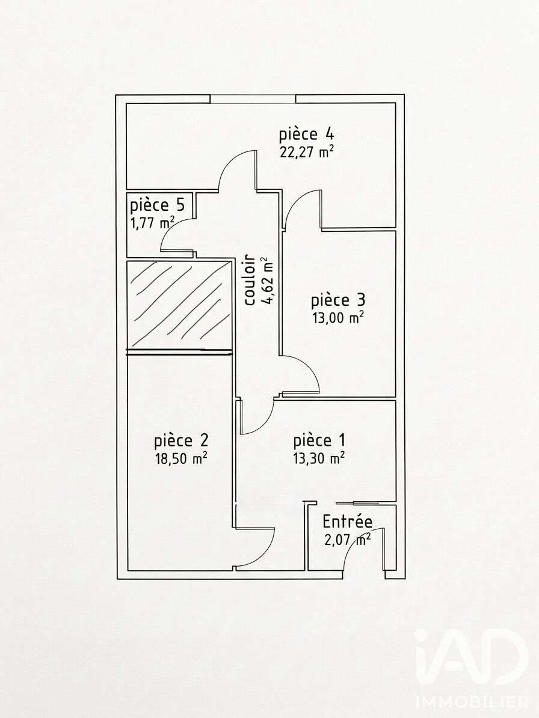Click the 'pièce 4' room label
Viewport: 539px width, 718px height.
coord(307,134)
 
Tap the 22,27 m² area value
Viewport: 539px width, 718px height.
coord(306,151)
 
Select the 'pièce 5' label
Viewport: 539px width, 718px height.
coord(157,205)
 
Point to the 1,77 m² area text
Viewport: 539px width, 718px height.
coord(152,223)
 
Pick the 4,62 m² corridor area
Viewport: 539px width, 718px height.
coord(266,280)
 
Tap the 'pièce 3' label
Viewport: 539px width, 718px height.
coord(338,300)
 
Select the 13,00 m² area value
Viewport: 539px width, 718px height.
coord(338,318)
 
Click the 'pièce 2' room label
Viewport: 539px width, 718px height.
coord(181,440)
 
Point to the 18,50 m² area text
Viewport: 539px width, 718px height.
coord(181,458)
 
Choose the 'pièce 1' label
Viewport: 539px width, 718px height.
coord(319,440)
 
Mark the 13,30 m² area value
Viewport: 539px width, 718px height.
coord(319,458)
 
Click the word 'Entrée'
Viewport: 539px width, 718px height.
coord(348,522)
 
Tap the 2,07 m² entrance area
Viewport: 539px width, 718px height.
coord(348,540)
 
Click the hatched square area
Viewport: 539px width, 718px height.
coord(179,305)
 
